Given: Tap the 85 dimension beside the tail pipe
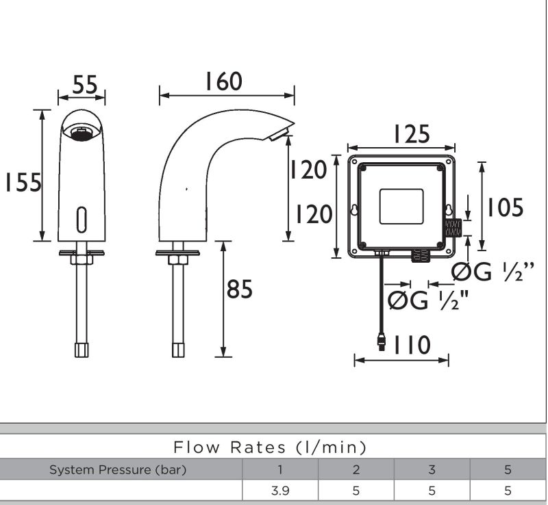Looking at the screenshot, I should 240,290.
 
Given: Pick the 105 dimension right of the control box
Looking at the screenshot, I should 505,207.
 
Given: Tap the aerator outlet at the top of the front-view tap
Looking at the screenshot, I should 82,131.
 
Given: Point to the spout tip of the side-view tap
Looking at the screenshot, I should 282,132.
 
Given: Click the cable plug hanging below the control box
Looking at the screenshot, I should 381,340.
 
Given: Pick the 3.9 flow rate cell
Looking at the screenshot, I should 279,491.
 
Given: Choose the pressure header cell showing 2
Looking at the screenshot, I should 356,470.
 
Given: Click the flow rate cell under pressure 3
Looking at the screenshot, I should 432,491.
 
